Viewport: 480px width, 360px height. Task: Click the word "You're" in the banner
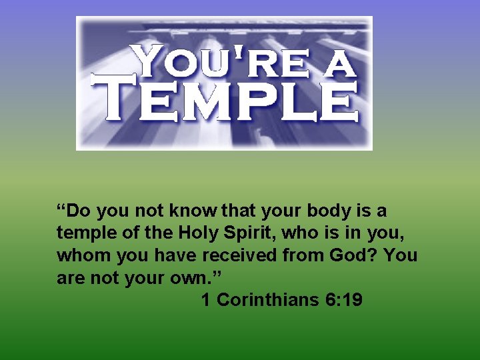217,63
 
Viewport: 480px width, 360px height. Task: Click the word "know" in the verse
190,211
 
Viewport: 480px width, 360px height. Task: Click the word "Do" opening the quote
79,211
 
